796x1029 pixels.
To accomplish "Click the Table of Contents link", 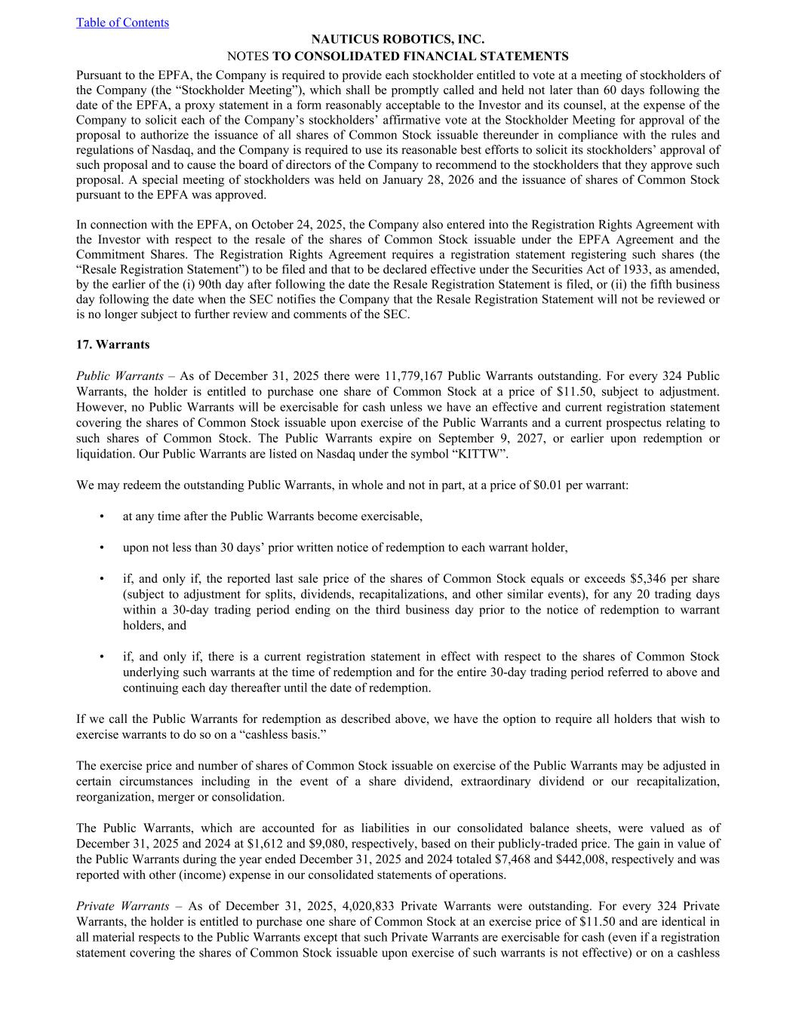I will [122, 23].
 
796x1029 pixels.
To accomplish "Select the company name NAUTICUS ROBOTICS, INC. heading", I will [398, 39].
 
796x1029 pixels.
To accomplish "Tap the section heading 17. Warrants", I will [113, 345].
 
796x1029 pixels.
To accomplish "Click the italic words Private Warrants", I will [122, 906].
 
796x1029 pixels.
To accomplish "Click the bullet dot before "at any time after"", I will [101, 516].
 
